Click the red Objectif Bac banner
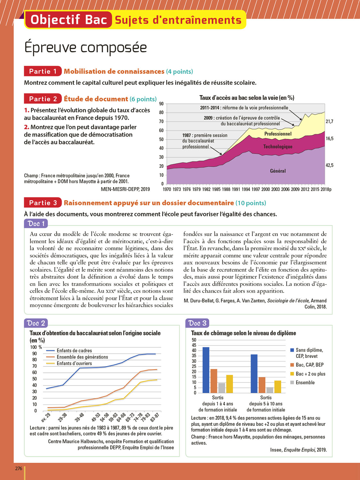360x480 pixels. (68, 20)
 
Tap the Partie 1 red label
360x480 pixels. (43, 71)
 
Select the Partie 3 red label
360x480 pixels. (43, 203)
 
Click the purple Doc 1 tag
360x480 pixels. (36, 224)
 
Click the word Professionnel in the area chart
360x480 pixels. (278, 134)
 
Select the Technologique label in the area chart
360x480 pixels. (278, 147)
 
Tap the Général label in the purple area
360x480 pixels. (278, 171)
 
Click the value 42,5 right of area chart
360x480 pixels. (330, 165)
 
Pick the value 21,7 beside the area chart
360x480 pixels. (330, 122)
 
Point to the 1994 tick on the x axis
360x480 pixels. (246, 189)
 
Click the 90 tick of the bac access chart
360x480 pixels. (161, 104)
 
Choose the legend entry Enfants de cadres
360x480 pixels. (74, 351)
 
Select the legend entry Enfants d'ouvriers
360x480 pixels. (74, 364)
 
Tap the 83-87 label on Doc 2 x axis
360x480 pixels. (155, 417)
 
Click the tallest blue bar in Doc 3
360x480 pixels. (206, 370)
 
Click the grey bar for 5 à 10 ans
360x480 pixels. (270, 390)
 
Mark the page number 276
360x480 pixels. (19, 468)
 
